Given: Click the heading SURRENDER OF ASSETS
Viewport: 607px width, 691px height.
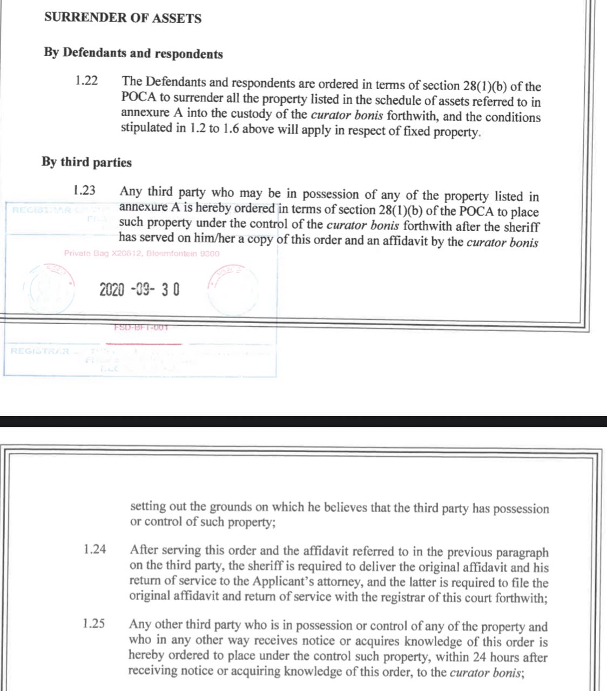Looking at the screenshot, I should coord(123,18).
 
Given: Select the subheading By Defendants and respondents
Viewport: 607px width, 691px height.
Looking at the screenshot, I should coord(133,53).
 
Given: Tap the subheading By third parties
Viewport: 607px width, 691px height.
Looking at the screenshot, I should coord(86,162).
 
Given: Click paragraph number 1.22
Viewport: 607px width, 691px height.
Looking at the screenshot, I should coord(86,82).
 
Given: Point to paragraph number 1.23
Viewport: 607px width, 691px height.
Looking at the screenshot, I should coord(84,191).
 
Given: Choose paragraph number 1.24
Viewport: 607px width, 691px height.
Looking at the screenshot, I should coord(95,550).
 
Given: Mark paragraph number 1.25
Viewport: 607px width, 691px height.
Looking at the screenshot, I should coord(94,624).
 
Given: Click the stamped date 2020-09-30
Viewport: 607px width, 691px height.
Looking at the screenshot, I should coord(139,290).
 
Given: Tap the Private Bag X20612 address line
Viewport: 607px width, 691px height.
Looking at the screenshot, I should coord(141,253).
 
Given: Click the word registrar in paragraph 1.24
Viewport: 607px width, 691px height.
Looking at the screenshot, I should coord(434,598).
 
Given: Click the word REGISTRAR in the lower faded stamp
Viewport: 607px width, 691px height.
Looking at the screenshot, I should coord(40,351).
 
